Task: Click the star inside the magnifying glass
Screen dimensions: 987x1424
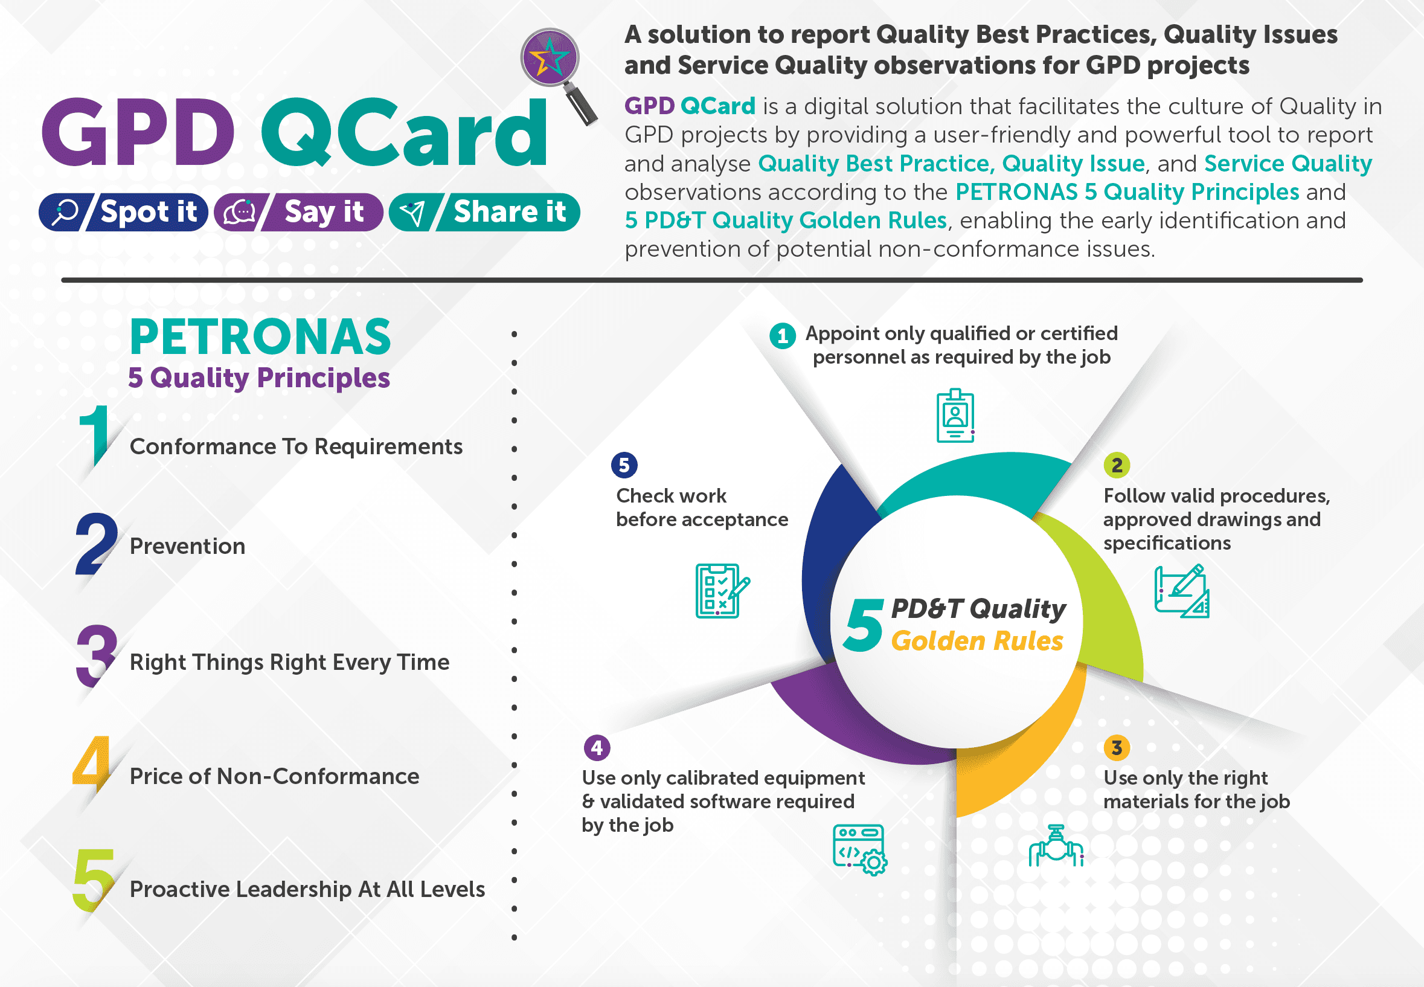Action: click(x=549, y=57)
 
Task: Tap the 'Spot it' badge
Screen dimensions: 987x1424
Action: click(x=124, y=212)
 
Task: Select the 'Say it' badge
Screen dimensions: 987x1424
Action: click(x=300, y=212)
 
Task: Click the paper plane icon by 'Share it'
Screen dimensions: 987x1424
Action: click(x=412, y=213)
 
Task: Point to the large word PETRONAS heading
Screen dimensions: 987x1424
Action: click(x=260, y=338)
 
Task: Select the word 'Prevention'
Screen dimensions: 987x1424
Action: click(x=187, y=546)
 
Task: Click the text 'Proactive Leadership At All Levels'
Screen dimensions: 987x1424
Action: click(x=307, y=889)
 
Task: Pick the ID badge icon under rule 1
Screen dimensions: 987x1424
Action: click(x=955, y=416)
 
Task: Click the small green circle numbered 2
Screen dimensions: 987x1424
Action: click(x=1117, y=465)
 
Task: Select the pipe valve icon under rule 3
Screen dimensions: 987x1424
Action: click(x=1056, y=847)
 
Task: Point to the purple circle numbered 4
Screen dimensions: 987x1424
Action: click(x=597, y=748)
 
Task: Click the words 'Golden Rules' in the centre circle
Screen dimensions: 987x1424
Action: click(x=977, y=641)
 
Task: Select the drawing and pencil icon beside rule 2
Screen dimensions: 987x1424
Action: click(x=1182, y=591)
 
